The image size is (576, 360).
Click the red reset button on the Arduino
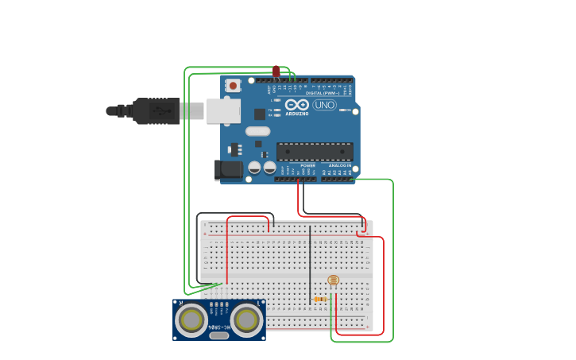pos(233,85)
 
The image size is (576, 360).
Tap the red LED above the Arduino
pos(276,72)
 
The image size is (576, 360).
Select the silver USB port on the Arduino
pos(223,110)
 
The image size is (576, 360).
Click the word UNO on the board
pos(324,105)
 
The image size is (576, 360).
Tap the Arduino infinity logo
pos(297,105)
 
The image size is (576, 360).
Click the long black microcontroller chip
pos(315,151)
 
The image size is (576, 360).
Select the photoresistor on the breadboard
pos(333,281)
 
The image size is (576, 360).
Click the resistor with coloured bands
pos(320,299)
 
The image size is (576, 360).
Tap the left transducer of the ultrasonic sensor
pos(192,319)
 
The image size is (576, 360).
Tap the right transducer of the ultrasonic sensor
pos(247,319)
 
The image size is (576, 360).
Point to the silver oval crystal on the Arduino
pos(257,131)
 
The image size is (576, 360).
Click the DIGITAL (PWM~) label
pos(322,93)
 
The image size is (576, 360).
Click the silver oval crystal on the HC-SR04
pos(220,335)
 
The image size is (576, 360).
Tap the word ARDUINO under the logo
pos(297,114)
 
